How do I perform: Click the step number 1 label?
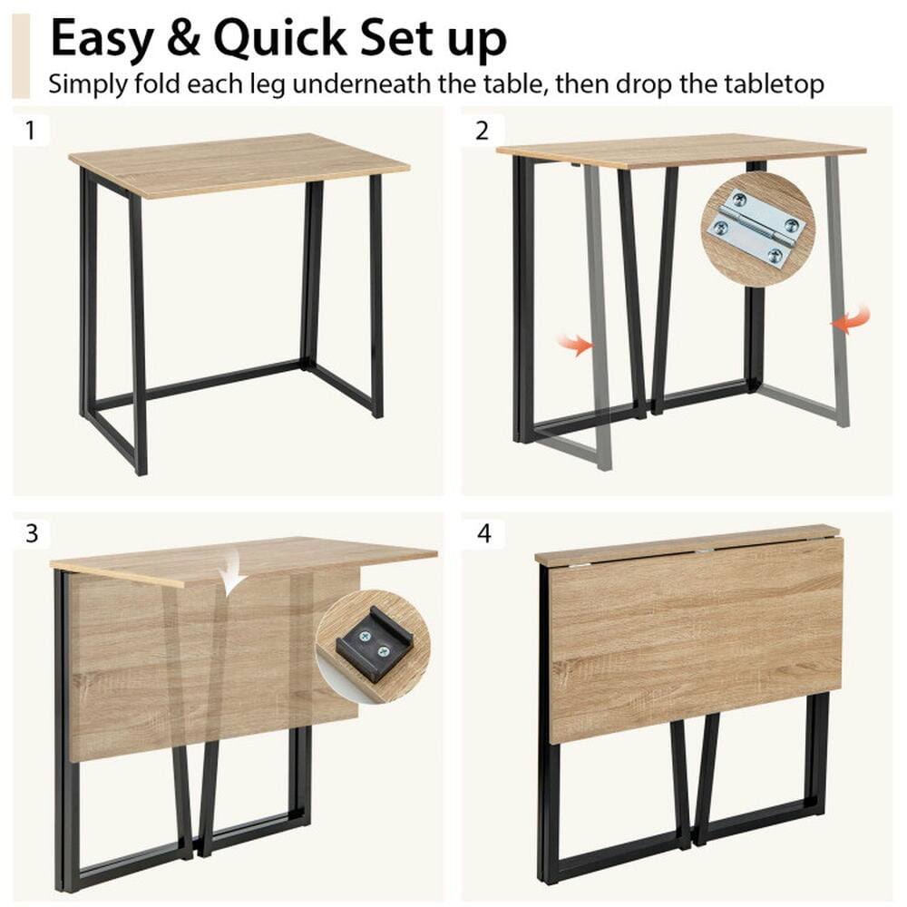pos(30,130)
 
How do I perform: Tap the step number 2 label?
pos(482,130)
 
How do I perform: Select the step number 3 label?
pos(32,533)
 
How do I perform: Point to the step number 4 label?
pos(483,533)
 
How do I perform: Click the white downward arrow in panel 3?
pos(231,571)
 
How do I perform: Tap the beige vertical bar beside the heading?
pos(21,54)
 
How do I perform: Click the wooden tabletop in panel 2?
pos(680,151)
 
